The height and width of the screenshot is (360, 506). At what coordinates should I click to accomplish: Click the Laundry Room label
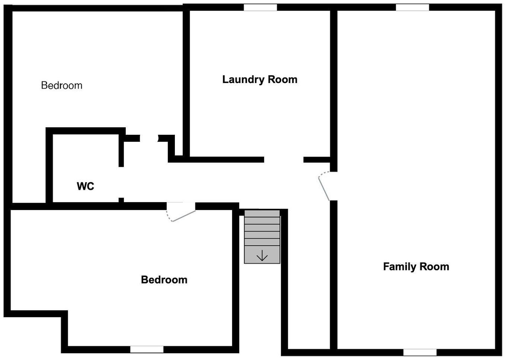click(260, 80)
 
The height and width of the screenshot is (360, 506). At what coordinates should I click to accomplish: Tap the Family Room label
click(416, 267)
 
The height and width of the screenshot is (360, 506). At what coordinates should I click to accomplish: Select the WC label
click(86, 186)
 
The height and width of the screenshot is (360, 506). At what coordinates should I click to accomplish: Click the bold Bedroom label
click(164, 280)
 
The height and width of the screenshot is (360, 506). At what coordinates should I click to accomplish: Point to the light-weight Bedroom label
click(62, 85)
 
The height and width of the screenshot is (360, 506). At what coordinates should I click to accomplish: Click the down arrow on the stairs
click(262, 255)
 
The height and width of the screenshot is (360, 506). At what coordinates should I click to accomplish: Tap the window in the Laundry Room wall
click(260, 7)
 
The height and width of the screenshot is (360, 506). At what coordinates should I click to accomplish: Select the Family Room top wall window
click(412, 7)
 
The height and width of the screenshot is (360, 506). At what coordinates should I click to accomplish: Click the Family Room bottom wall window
click(420, 352)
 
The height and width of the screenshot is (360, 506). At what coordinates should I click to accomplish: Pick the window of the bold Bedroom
click(147, 349)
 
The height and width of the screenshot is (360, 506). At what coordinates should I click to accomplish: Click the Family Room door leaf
click(324, 189)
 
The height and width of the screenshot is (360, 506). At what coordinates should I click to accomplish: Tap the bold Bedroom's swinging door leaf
click(184, 216)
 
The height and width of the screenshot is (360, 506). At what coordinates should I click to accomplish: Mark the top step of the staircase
click(262, 214)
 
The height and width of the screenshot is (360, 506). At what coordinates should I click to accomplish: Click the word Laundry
click(243, 80)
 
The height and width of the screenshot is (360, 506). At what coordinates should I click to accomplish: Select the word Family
click(400, 267)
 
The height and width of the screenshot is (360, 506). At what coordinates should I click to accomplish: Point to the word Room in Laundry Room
click(283, 80)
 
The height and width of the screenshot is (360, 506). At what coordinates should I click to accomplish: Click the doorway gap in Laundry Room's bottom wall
click(284, 160)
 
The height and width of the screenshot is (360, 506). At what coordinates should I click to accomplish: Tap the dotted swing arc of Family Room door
click(323, 174)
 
